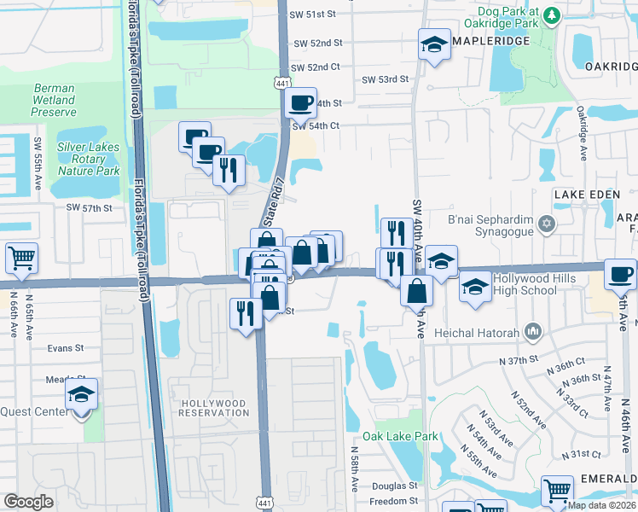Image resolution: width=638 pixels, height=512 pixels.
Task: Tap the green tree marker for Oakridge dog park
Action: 552,15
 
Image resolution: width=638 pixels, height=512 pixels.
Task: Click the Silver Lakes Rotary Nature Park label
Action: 88,159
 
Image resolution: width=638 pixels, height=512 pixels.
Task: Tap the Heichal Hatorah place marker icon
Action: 533,329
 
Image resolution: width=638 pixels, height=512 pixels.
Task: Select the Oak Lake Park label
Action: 399,436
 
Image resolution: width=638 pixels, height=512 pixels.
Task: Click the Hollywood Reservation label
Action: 212,408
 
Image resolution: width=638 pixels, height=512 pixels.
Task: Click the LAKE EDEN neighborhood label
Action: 583,195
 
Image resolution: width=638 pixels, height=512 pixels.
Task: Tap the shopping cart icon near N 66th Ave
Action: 21,257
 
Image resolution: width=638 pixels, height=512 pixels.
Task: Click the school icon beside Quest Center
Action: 81,394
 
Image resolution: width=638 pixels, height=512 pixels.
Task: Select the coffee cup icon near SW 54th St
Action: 300,103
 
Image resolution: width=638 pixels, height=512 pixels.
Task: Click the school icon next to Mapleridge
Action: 434,44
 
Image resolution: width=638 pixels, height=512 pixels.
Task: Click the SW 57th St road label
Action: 90,207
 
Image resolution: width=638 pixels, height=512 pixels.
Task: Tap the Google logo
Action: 29,502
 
